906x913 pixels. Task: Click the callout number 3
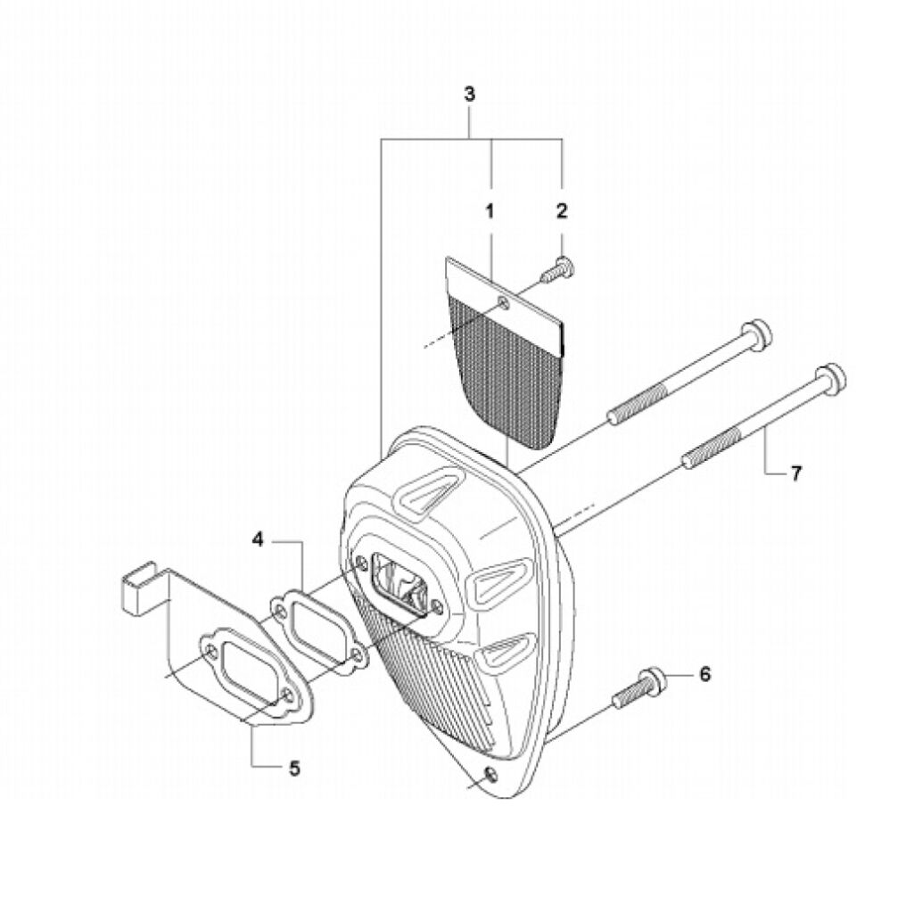pos(469,94)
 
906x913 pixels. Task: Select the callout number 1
pos(490,210)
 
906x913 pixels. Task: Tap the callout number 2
pos(561,210)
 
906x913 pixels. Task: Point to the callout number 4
pos(258,539)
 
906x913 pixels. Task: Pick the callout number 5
pos(294,768)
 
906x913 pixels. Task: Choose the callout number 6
pos(704,674)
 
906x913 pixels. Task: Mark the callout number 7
pos(795,473)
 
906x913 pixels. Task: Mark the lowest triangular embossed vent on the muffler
pos(507,648)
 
